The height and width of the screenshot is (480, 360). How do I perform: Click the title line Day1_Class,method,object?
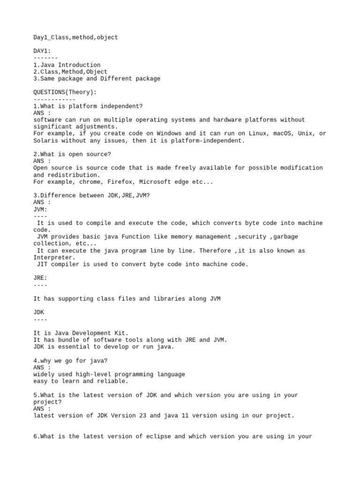coord(75,37)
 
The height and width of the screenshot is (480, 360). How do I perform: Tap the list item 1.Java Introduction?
coord(67,65)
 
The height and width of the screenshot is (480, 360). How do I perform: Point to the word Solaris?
coord(45,141)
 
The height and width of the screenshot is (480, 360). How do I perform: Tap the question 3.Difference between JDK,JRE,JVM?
coord(92,195)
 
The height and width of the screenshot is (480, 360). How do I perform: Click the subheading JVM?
coord(40,210)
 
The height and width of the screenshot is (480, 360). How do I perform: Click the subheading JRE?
coord(40,278)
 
